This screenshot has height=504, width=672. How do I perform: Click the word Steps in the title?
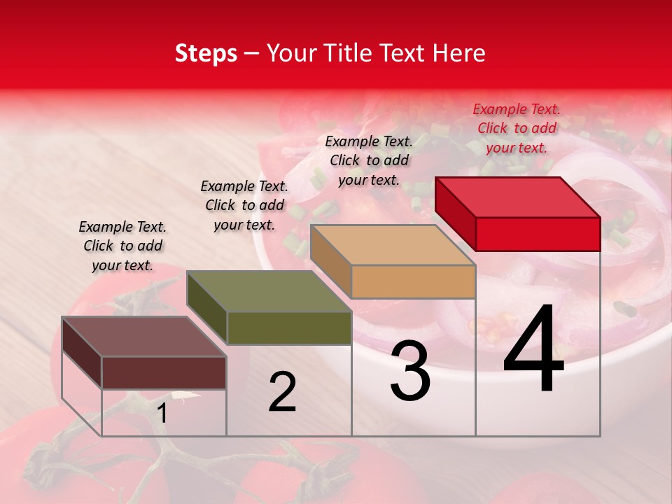206,53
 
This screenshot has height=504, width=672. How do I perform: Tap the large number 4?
533,349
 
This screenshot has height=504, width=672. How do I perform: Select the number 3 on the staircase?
410,371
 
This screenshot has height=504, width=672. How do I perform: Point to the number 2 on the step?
282,392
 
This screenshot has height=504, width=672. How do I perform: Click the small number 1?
162,413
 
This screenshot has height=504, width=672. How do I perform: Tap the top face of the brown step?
144,337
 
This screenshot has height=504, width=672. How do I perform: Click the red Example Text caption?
517,128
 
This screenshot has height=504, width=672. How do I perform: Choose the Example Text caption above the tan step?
369,160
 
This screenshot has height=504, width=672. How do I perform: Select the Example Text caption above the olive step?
244,205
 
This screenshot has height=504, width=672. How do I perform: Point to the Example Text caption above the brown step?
122,246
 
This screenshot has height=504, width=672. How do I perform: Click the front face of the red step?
538,234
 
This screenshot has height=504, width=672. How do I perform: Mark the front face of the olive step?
288,328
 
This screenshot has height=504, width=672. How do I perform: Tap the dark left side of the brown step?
82,352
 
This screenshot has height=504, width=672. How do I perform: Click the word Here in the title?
458,53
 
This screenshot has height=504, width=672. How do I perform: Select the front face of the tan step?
413,281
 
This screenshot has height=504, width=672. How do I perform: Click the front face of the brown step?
164,372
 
